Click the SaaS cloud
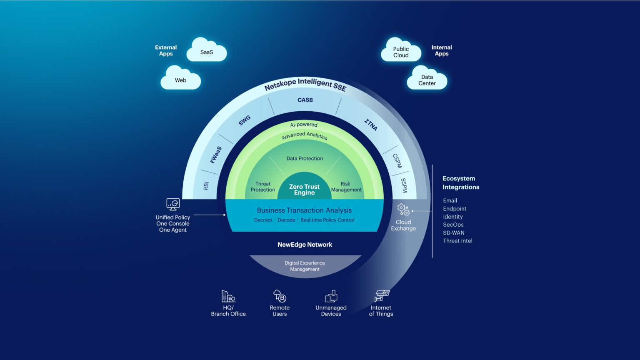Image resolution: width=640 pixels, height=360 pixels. (x=207, y=51)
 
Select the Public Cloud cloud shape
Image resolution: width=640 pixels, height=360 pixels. (x=401, y=52)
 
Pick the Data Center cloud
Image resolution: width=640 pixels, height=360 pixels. (x=427, y=80)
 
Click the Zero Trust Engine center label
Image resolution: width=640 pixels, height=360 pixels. (x=304, y=190)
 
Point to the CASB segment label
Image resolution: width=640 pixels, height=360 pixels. (x=305, y=100)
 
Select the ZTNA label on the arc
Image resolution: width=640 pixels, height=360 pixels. (x=371, y=125)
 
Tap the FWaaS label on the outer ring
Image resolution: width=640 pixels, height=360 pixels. (x=216, y=155)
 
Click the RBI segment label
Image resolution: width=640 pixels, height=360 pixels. (x=206, y=186)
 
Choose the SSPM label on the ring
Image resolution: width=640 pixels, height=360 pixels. (x=403, y=185)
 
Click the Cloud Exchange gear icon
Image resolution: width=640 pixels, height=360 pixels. (x=403, y=210)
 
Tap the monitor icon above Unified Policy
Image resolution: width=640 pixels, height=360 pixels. (x=173, y=204)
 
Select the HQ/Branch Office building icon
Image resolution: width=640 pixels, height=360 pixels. (x=228, y=296)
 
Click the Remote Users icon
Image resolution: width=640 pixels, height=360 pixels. (x=280, y=296)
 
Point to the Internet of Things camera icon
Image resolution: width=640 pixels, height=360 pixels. (x=382, y=296)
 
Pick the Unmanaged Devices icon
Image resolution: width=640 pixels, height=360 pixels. (x=331, y=296)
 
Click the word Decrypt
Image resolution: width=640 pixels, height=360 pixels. (x=263, y=220)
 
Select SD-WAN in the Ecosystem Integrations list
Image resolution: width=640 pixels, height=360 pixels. (x=453, y=232)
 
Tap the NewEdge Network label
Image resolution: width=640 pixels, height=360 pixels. (x=305, y=245)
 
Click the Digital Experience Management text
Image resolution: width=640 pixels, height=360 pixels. (x=305, y=266)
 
